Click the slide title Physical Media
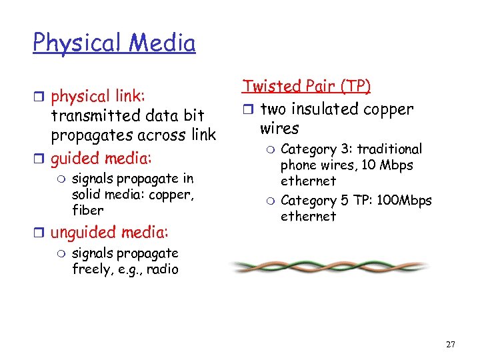tap(114, 43)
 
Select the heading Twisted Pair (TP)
tap(307, 86)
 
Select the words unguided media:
tap(109, 232)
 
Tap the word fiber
tap(87, 210)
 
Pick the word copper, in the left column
tap(174, 194)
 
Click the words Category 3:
tap(311, 149)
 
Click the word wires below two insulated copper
tap(279, 127)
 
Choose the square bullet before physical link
tap(41, 97)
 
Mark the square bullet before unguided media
tap(41, 233)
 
